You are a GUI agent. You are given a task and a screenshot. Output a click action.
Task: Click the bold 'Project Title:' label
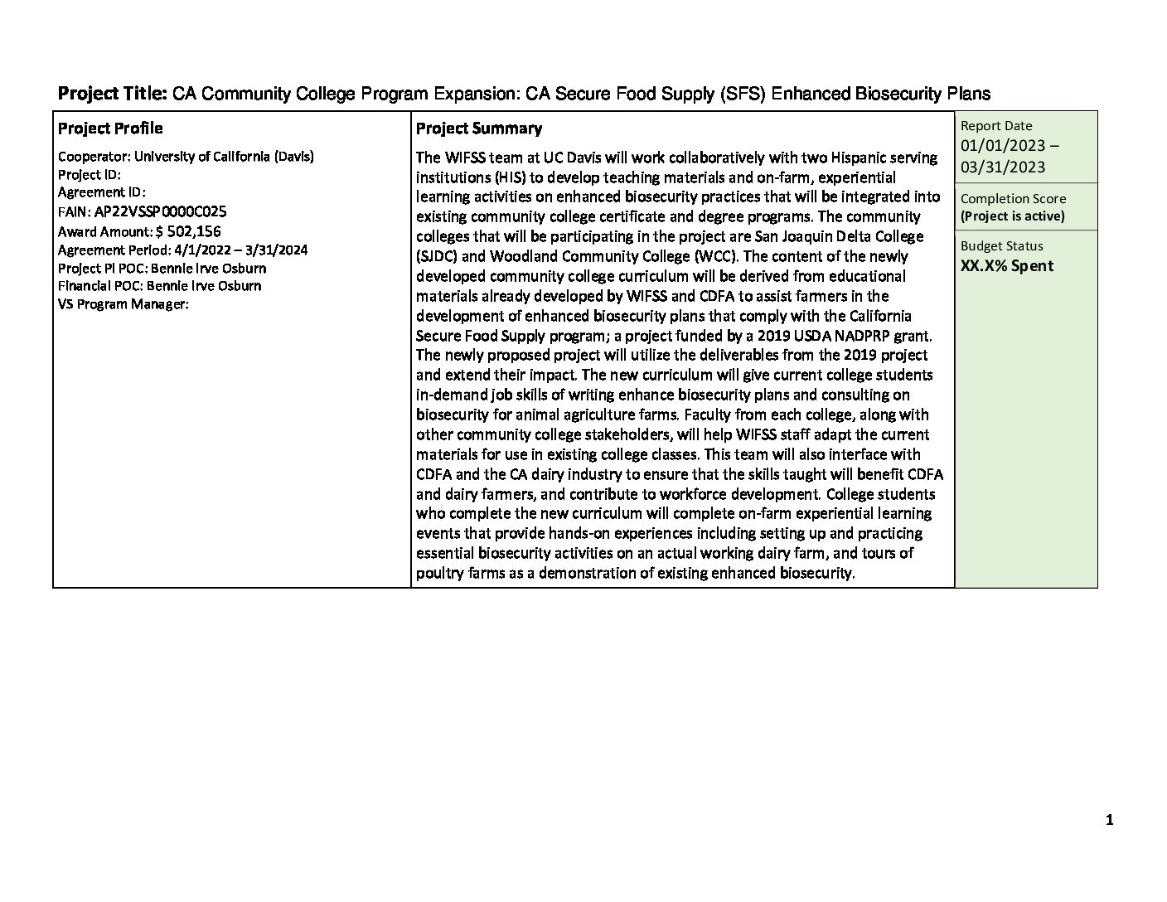point(113,94)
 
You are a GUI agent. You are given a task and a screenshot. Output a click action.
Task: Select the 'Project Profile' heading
point(110,129)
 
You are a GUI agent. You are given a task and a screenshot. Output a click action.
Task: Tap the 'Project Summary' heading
point(478,129)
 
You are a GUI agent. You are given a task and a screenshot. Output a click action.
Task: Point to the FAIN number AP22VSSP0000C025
point(160,212)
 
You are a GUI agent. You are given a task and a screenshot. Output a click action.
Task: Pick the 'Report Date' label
point(996,126)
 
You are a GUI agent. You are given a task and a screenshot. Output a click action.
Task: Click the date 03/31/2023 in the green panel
point(1003,167)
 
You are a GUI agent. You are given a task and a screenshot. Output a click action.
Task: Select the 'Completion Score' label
point(1013,199)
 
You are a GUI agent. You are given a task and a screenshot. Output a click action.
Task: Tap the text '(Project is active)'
point(1012,216)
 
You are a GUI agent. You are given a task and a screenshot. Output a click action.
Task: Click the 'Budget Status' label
point(1001,246)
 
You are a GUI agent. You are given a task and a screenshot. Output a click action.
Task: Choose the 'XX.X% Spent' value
point(1007,266)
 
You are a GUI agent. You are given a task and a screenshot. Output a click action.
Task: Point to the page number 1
point(1109,821)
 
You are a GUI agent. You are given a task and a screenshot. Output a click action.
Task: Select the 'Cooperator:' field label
point(94,156)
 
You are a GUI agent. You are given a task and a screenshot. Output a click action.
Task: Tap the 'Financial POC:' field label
point(100,286)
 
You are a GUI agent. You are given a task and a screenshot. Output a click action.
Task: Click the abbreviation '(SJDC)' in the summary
point(437,256)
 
